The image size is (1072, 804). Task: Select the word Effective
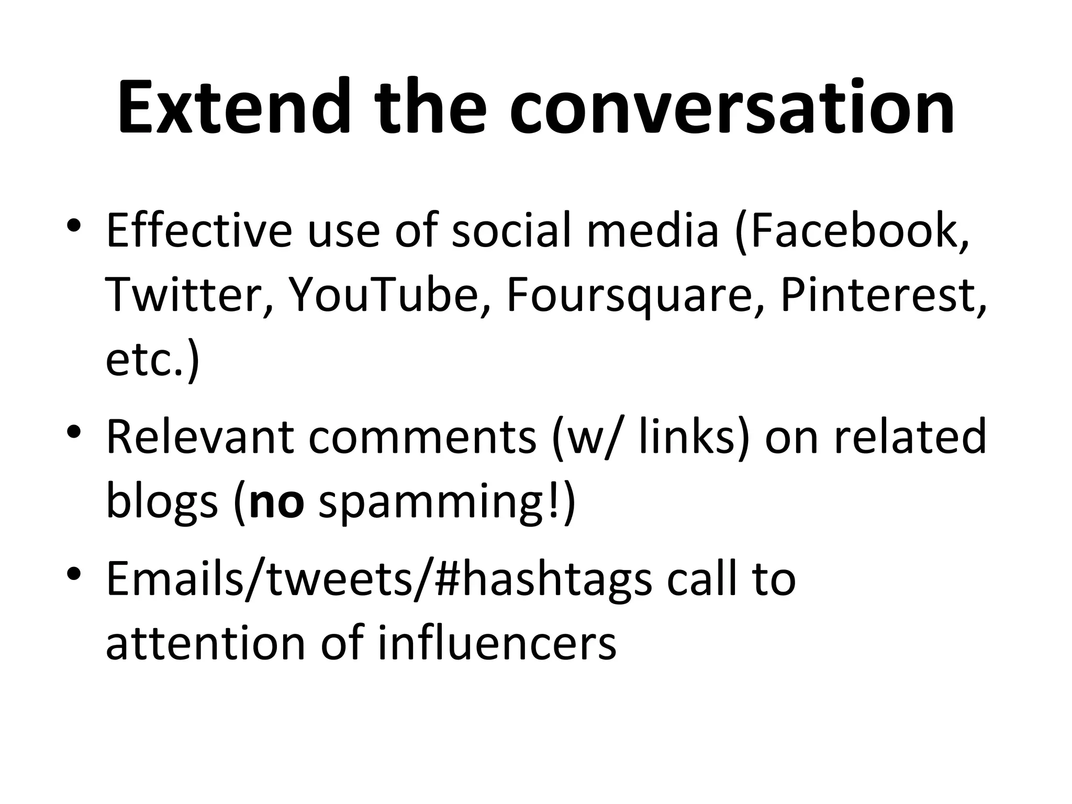[x=199, y=230]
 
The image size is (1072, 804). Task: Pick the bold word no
[x=277, y=502]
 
